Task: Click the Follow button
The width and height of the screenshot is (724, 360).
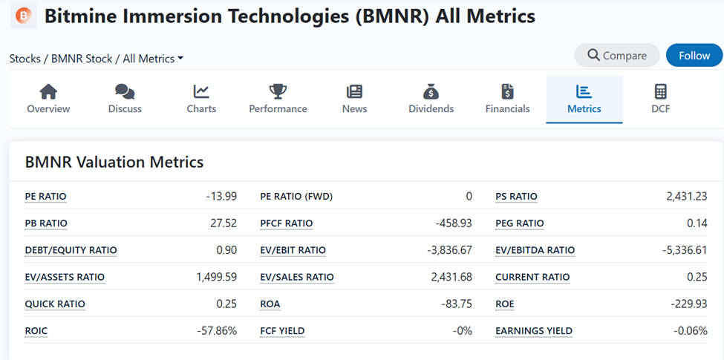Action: pos(694,56)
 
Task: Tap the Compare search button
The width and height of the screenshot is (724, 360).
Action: pos(616,56)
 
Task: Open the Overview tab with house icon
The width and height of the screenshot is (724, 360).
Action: pos(48,99)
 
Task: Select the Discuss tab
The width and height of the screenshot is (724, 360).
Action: pos(125,99)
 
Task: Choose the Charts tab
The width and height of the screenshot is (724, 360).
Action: pos(201,99)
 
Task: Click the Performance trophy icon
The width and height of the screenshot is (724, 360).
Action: pos(278,91)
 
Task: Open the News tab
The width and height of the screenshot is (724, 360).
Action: pos(354,99)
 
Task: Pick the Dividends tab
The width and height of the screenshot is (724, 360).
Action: pos(431,99)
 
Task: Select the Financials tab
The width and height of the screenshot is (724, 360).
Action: pos(507,99)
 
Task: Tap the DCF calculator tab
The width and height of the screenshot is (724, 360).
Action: pos(660,99)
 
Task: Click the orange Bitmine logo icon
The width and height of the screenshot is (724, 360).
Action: pos(24,15)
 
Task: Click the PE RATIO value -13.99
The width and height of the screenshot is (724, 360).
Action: pos(221,197)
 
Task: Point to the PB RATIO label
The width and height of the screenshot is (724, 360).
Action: pos(46,223)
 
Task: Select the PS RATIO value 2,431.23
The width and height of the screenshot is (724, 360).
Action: pos(687,197)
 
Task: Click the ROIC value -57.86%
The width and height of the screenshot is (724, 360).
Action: pos(217,330)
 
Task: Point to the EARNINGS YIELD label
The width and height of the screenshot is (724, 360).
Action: pos(534,331)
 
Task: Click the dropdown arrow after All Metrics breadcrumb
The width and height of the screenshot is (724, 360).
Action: pos(180,59)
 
